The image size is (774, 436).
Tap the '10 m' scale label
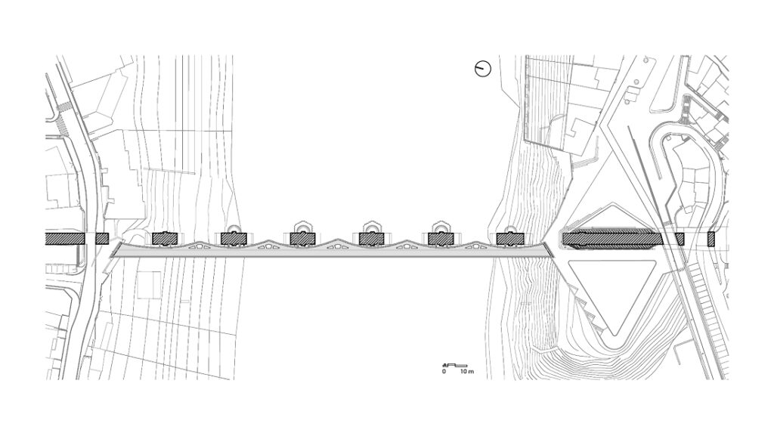[467, 371]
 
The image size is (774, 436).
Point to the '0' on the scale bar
[444, 371]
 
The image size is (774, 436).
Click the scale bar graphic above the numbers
[453, 366]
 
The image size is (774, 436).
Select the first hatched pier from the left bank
[165, 239]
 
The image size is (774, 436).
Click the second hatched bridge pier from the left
[234, 239]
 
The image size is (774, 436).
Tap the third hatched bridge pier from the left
[302, 239]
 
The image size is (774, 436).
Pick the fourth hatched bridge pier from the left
[371, 239]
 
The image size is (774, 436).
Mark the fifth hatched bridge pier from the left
[441, 239]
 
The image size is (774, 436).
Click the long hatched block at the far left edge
[65, 239]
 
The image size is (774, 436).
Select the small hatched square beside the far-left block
[102, 239]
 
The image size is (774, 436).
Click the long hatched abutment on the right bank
[612, 239]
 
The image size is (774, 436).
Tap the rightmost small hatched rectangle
[711, 240]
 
